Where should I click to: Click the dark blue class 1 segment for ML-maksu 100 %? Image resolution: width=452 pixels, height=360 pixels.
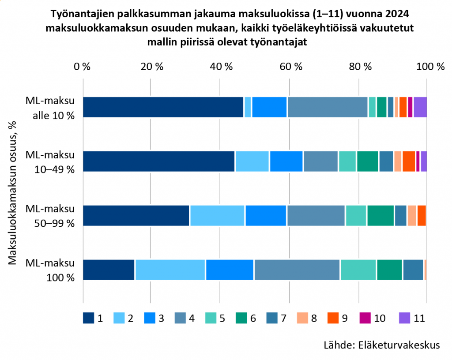[x=109, y=270]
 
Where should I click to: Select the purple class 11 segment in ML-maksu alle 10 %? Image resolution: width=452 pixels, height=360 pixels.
[x=420, y=107]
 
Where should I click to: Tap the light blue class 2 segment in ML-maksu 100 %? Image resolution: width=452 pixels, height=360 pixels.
[x=170, y=270]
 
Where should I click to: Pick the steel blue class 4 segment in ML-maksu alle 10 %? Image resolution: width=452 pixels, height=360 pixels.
[x=327, y=107]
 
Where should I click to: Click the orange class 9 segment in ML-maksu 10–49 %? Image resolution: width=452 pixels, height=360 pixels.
[x=409, y=161]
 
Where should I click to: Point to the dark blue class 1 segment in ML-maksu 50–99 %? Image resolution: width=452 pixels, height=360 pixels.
[x=136, y=215]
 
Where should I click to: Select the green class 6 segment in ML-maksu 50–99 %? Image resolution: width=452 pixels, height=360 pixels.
[x=380, y=215]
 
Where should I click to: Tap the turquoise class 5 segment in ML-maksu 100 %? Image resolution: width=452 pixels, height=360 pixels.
[x=358, y=270]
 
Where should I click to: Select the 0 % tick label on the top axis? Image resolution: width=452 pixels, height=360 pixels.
[x=83, y=67]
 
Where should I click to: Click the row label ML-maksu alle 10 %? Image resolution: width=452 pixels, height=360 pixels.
[x=50, y=107]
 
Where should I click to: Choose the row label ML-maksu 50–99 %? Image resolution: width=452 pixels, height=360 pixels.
[x=50, y=216]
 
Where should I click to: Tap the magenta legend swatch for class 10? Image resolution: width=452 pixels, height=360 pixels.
[x=364, y=318]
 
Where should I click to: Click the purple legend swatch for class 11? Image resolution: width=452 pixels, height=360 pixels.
[x=405, y=318]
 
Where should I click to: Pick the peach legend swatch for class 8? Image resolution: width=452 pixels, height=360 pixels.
[x=304, y=318]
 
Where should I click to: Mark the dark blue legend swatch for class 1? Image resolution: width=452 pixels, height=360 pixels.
[x=89, y=318]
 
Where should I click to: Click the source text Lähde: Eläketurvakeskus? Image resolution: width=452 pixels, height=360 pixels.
[x=381, y=345]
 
